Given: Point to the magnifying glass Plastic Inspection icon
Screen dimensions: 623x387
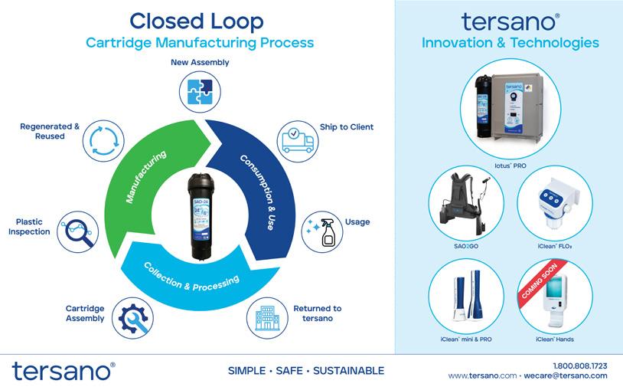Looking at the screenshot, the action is click(x=80, y=231).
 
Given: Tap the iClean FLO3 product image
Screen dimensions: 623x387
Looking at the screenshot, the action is click(x=554, y=203).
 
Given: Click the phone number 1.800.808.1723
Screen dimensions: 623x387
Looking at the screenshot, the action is click(x=579, y=365).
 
